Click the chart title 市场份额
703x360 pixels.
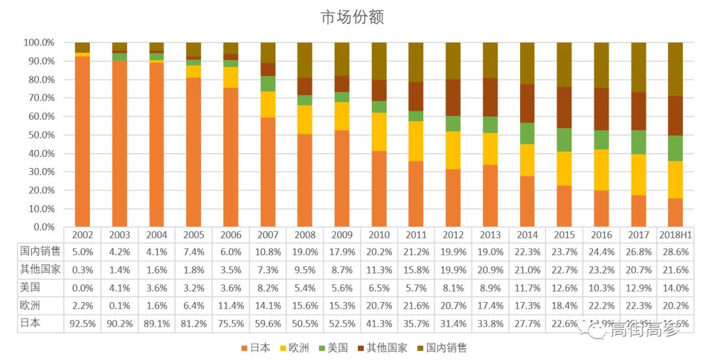[x=352, y=18]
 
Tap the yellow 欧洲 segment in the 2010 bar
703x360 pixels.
[x=379, y=132]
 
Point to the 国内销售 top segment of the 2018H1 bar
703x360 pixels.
[x=675, y=68]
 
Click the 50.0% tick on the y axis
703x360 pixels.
[x=39, y=135]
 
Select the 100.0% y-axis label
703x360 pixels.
[x=39, y=42]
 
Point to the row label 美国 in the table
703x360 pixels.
[x=27, y=288]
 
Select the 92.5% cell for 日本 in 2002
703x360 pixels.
[x=83, y=323]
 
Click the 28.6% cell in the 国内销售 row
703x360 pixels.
[x=675, y=252]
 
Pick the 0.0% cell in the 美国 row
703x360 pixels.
[x=83, y=288]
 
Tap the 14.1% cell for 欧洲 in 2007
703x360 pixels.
[x=268, y=305]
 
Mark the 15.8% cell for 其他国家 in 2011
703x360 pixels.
[x=416, y=270]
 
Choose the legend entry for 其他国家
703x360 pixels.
[x=384, y=348]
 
